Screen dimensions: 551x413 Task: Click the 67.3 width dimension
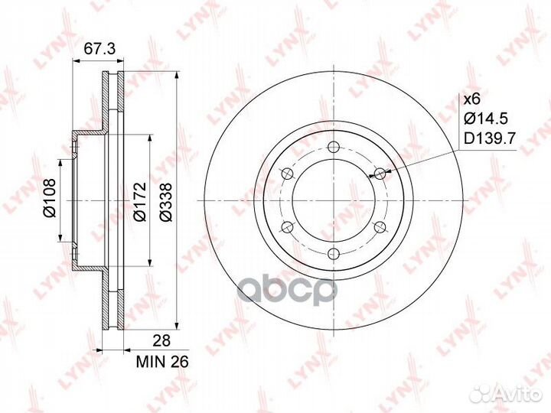[x=99, y=49]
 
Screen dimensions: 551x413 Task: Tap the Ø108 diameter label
[x=50, y=198]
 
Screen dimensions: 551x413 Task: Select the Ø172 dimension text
[x=140, y=201]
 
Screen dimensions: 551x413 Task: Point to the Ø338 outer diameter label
[x=165, y=202]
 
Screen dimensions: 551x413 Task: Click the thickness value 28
[x=162, y=340]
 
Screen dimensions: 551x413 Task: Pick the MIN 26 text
[x=162, y=361]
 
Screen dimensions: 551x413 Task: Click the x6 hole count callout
[x=472, y=99]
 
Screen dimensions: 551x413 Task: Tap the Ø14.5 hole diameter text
[x=486, y=119]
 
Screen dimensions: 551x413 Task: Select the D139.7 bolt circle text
[x=490, y=139]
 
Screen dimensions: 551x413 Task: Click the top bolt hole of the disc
[x=333, y=147]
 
